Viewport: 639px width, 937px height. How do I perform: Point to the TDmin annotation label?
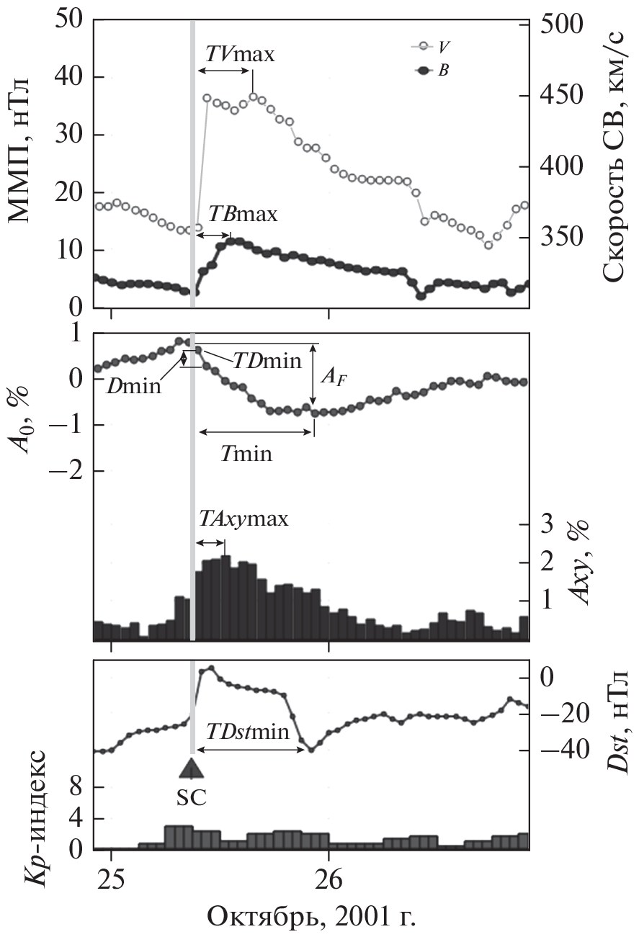pyautogui.click(x=266, y=361)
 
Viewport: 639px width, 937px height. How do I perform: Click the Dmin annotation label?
pyautogui.click(x=135, y=387)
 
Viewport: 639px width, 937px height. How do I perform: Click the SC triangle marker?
pyautogui.click(x=191, y=766)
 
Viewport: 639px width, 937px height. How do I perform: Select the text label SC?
pyautogui.click(x=191, y=798)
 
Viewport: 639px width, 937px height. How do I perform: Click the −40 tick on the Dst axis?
pyautogui.click(x=563, y=750)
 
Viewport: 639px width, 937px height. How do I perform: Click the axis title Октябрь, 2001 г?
pyautogui.click(x=311, y=918)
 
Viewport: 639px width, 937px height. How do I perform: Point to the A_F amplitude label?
pyautogui.click(x=333, y=377)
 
